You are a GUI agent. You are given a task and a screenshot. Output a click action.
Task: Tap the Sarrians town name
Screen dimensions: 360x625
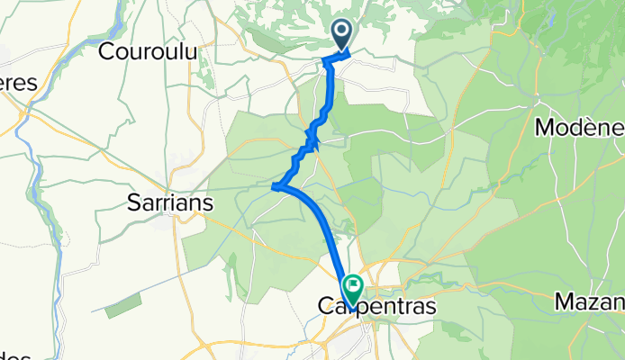(167, 203)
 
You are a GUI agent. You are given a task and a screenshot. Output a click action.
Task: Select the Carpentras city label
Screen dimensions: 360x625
(377, 307)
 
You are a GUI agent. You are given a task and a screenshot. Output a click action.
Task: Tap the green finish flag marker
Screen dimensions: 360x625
(352, 290)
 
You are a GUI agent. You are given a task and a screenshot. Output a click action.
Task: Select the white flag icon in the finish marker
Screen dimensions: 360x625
(352, 288)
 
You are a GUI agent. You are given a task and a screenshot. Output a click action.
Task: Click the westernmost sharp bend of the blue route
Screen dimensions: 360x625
(273, 187)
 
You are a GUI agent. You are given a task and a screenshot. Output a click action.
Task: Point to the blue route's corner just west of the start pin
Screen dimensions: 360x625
(326, 60)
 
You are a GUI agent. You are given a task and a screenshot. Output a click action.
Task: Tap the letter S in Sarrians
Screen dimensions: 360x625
(127, 203)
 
